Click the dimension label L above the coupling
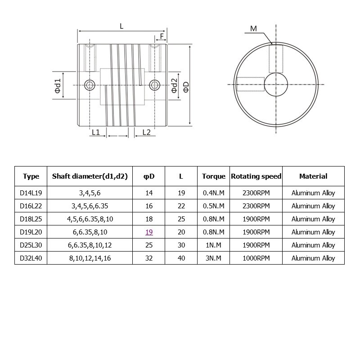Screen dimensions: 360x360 (x=121, y=26)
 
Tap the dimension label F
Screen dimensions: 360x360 (x=162, y=36)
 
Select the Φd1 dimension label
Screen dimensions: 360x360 (x=58, y=85)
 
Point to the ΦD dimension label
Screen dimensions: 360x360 (x=185, y=85)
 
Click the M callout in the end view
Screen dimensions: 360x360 (x=253, y=29)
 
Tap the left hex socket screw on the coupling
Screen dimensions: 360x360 (x=90, y=84)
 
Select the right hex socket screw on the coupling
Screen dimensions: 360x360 (x=155, y=84)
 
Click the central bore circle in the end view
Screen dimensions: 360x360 (x=276, y=85)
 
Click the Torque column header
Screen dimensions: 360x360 (x=214, y=176)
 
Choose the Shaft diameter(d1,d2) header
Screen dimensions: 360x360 (x=90, y=176)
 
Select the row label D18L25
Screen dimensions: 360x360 (x=31, y=219)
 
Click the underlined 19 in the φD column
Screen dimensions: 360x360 (x=149, y=232)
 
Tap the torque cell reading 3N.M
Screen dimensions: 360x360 (x=214, y=258)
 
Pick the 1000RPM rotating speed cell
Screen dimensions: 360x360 (x=256, y=258)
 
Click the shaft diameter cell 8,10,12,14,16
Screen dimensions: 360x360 (x=90, y=258)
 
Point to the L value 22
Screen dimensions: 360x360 (x=181, y=206)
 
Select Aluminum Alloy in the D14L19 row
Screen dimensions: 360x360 (x=313, y=193)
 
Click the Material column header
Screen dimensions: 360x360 (x=313, y=176)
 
